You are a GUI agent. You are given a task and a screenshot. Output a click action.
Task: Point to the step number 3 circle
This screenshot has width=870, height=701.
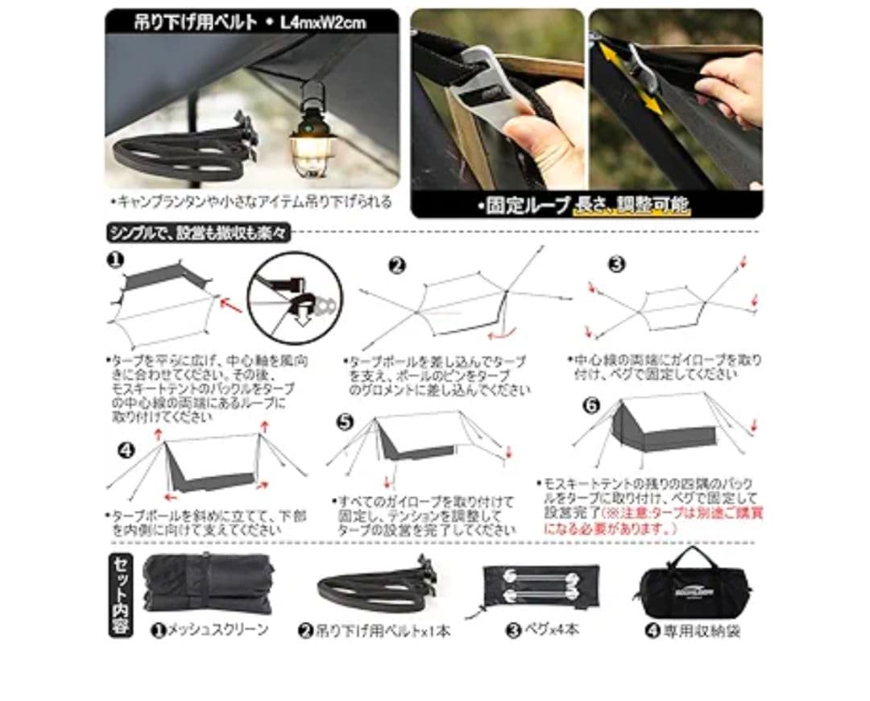tap(617, 263)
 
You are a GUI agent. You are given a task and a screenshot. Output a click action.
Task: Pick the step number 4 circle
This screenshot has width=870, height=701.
tap(125, 449)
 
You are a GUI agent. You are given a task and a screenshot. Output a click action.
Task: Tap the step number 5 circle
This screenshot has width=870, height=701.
tap(346, 421)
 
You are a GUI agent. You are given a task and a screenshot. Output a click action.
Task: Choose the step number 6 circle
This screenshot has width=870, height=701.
tap(590, 405)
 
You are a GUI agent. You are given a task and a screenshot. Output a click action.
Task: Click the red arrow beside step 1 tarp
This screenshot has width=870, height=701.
tap(231, 306)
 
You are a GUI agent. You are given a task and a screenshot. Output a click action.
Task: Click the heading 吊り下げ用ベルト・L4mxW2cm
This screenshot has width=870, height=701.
tap(250, 21)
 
